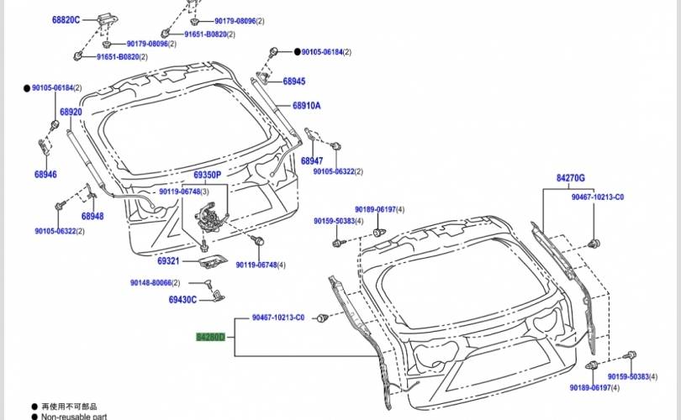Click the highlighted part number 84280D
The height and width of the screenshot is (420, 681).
[x=210, y=337]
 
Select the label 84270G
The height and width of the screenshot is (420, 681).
[x=570, y=179]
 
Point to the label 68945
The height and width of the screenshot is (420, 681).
[x=293, y=81]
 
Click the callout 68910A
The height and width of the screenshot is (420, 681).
[x=307, y=106]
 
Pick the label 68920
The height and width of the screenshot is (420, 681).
[x=71, y=112]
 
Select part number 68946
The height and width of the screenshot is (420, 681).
[x=45, y=175]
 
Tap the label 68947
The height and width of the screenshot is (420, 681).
[x=312, y=160]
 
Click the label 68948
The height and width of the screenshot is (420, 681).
[x=92, y=216]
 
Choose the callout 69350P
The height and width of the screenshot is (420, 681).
[x=207, y=175]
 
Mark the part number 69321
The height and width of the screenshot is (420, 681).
[x=168, y=261]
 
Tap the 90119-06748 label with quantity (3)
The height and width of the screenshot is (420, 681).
[x=183, y=192]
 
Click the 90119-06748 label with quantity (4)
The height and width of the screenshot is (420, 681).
[x=261, y=265]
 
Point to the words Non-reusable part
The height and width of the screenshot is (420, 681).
[x=73, y=416]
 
